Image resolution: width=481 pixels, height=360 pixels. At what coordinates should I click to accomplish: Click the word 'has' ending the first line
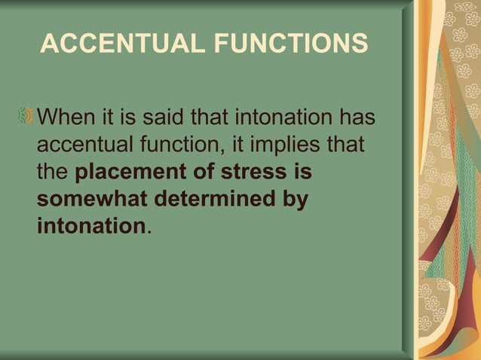[x=359, y=118]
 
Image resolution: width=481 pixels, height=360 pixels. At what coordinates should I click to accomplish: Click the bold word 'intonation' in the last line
[x=90, y=226]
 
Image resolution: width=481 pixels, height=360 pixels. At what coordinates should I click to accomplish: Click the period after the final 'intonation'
[x=148, y=230]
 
